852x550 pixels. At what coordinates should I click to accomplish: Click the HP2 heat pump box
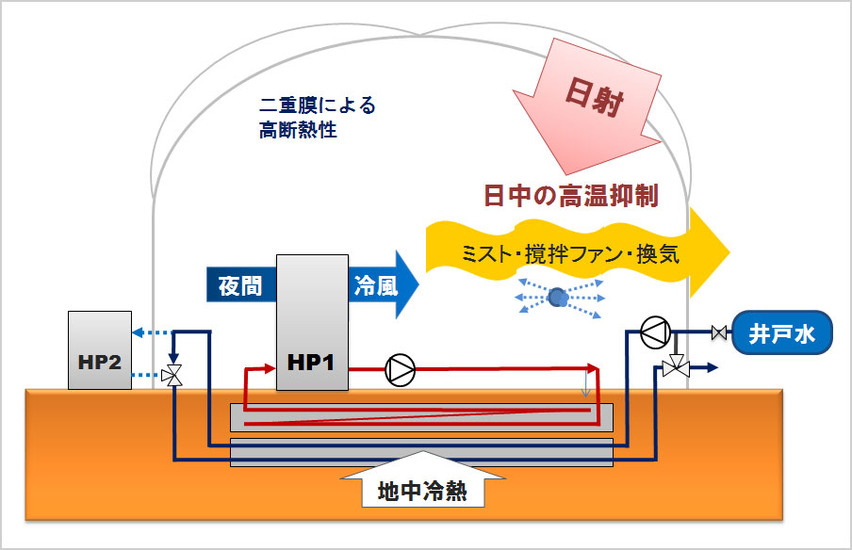pyautogui.click(x=97, y=349)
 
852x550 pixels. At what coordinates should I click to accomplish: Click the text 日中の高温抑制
pyautogui.click(x=570, y=196)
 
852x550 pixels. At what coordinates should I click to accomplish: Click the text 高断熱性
pyautogui.click(x=298, y=131)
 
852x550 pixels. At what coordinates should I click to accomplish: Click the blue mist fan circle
pyautogui.click(x=558, y=298)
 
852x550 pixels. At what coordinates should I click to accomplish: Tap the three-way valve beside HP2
pyautogui.click(x=172, y=375)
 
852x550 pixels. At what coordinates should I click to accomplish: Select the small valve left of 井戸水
pyautogui.click(x=719, y=332)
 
